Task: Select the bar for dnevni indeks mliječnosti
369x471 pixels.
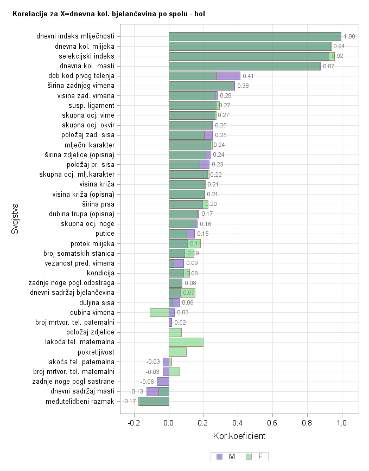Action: [255, 36]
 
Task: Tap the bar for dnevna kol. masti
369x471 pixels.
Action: [244, 66]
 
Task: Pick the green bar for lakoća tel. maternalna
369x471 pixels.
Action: [186, 342]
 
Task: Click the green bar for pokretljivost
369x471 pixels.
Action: [177, 352]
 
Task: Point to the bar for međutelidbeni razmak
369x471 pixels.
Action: [154, 401]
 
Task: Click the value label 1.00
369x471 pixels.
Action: [349, 36]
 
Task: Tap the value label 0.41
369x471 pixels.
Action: [248, 76]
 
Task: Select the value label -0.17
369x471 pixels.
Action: [129, 401]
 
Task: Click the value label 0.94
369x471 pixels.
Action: [339, 46]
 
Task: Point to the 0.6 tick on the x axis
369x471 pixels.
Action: [272, 423]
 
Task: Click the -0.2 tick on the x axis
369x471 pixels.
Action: [133, 423]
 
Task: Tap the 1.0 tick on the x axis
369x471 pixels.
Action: [341, 423]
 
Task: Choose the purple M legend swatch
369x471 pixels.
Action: [219, 457]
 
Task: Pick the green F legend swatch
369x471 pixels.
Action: [249, 457]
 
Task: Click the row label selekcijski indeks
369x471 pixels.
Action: [86, 56]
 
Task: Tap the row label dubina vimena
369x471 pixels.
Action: [92, 312]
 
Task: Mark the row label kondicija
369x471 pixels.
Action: [99, 273]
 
